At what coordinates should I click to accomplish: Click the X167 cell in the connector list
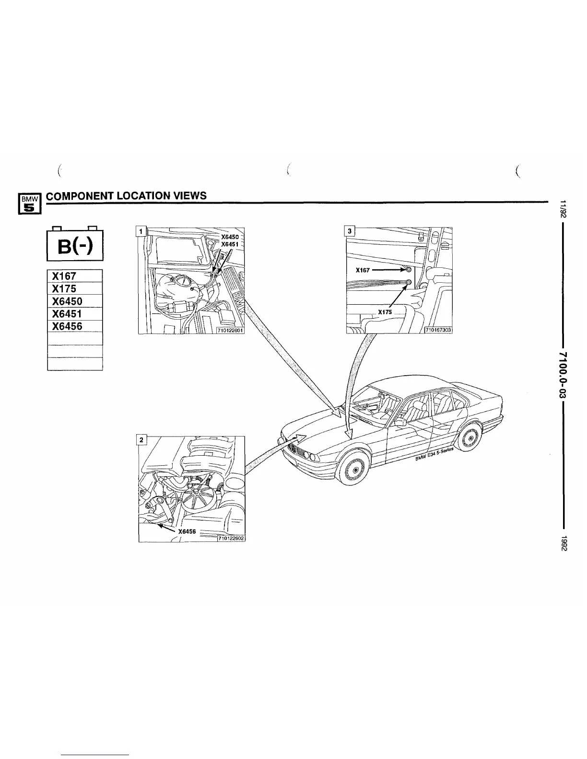pos(75,276)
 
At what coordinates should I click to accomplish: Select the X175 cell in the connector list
pos(75,289)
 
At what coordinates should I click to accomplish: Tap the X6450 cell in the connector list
pos(75,301)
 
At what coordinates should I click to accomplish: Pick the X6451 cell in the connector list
pos(75,314)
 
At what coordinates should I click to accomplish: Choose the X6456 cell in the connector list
pos(75,326)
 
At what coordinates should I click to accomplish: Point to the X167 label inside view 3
pos(364,270)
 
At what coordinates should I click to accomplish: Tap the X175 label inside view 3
pos(385,312)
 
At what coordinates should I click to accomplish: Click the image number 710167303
pos(439,329)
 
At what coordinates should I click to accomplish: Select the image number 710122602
pos(231,538)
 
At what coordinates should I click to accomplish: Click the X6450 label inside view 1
pos(229,237)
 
